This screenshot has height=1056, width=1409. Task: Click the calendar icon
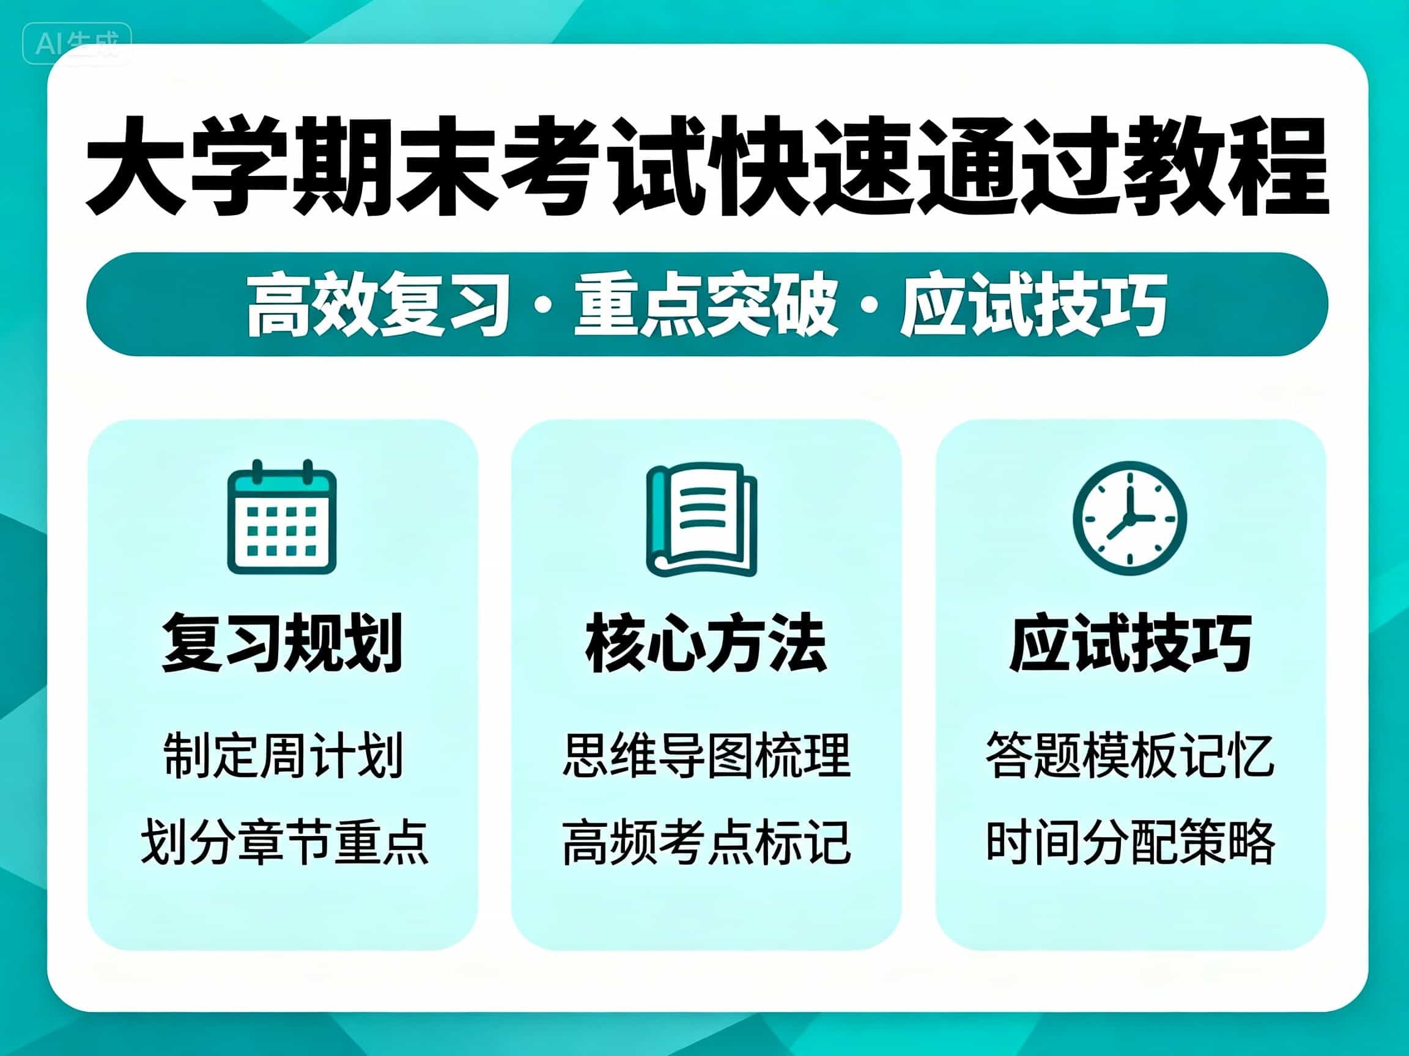coord(281,516)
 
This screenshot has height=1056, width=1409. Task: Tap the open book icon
coord(702,519)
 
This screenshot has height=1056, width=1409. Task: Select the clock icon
coord(1130,518)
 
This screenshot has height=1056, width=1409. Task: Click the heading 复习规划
coord(282,643)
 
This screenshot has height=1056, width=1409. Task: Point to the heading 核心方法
coord(706,643)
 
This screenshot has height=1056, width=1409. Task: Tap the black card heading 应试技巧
coord(1131,643)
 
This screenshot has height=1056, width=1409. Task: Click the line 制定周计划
coord(283,755)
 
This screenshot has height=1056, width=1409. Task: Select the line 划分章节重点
coord(284,842)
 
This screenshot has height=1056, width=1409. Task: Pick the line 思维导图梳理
coord(706,755)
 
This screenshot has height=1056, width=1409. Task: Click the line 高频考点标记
coord(706,842)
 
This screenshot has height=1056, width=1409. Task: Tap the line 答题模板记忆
coord(1130,755)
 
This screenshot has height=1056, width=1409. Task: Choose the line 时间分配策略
coord(1130,842)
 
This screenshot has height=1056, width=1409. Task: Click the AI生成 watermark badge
coord(77,44)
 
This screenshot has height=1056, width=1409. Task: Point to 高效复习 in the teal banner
coord(379,304)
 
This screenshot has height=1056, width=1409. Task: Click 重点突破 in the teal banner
coord(706,304)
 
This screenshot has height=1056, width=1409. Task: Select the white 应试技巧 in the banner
coord(1034,304)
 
